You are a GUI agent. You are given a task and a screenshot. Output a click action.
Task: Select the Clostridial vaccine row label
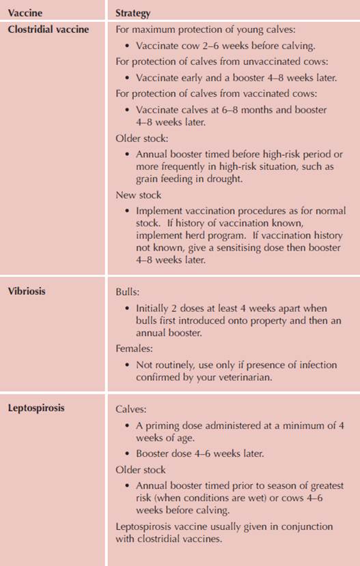coord(49,29)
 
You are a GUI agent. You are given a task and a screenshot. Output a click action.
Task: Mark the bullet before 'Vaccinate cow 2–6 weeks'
coord(128,46)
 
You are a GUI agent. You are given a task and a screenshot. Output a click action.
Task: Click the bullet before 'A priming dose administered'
coord(128,426)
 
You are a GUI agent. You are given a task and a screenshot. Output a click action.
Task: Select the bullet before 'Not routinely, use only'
coord(128,364)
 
